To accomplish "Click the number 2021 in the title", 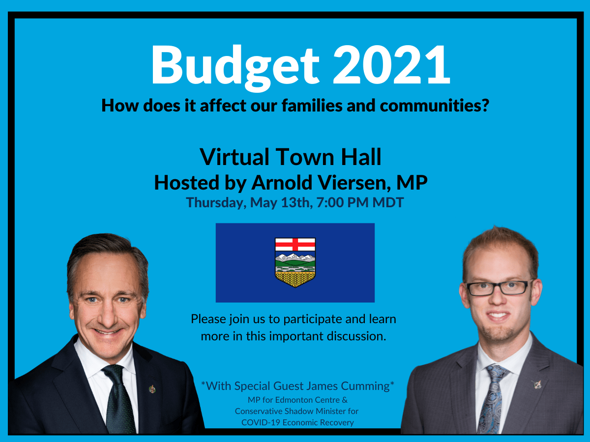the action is pos(391,64).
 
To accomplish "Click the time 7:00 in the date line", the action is pos(330,202).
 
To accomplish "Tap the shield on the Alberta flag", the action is pos(295,262).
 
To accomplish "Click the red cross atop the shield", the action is pos(295,244).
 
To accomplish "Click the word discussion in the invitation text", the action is pos(356,336).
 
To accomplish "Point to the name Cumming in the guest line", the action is pos(366,387).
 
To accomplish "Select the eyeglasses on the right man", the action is pos(499,288).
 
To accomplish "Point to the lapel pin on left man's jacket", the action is pos(152,389).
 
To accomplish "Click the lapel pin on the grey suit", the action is pos(537,385).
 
